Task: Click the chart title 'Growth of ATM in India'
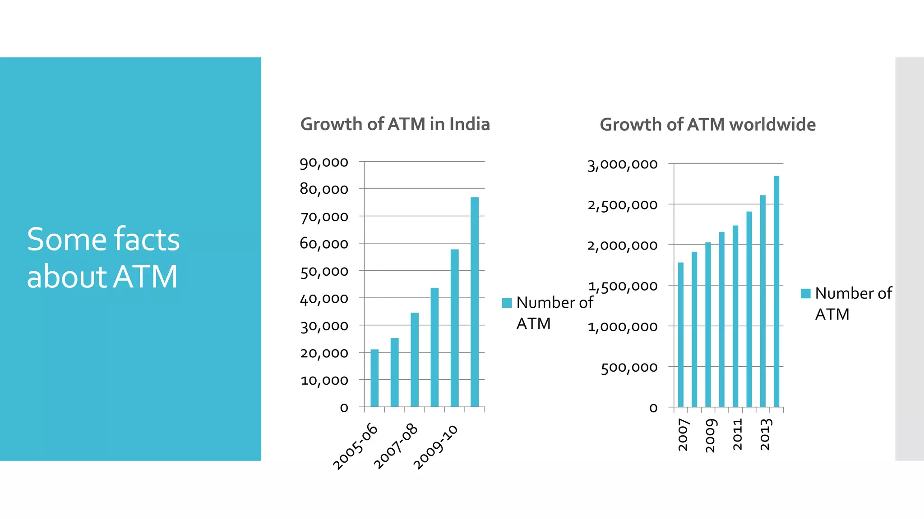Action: (x=395, y=124)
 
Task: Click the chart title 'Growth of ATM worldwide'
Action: (x=707, y=125)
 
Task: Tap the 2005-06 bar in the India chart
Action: (x=374, y=378)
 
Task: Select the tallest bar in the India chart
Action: (x=475, y=302)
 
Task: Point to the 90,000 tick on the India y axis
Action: (x=324, y=162)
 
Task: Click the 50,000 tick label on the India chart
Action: (x=324, y=271)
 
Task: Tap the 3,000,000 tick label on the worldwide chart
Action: (x=622, y=164)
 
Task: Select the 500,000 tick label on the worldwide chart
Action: (x=629, y=368)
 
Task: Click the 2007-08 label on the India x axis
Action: (x=396, y=446)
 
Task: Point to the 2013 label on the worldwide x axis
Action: (x=766, y=434)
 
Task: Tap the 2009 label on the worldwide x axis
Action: (x=711, y=435)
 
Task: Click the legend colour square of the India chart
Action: (x=507, y=303)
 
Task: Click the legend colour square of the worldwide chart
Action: (x=805, y=294)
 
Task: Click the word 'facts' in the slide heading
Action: (x=147, y=239)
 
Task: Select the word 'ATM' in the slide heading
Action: (x=145, y=277)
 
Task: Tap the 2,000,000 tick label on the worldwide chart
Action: (x=622, y=246)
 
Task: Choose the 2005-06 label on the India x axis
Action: (x=355, y=446)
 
